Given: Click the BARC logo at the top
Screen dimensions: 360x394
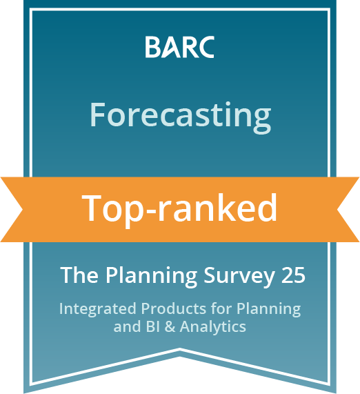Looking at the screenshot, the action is pyautogui.click(x=179, y=47).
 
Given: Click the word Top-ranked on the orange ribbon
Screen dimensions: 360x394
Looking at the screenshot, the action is pyautogui.click(x=179, y=209).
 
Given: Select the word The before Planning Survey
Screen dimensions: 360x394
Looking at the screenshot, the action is pyautogui.click(x=79, y=275).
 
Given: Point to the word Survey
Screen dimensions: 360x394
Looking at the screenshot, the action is pyautogui.click(x=239, y=277).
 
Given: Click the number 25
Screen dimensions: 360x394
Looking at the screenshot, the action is pyautogui.click(x=293, y=275).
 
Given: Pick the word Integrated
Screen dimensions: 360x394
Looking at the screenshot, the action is pyautogui.click(x=98, y=310).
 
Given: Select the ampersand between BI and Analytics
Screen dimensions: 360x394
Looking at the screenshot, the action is pyautogui.click(x=170, y=326).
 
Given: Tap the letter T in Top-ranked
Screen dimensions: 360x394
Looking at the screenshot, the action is pyautogui.click(x=92, y=208).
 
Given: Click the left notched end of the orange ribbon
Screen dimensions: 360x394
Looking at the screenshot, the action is pyautogui.click(x=23, y=209).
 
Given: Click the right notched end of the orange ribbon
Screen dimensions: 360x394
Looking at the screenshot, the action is pyautogui.click(x=337, y=209).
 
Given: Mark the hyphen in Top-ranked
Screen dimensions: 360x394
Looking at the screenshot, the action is pyautogui.click(x=150, y=212).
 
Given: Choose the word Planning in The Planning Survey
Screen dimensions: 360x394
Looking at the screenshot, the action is pyautogui.click(x=151, y=277).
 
